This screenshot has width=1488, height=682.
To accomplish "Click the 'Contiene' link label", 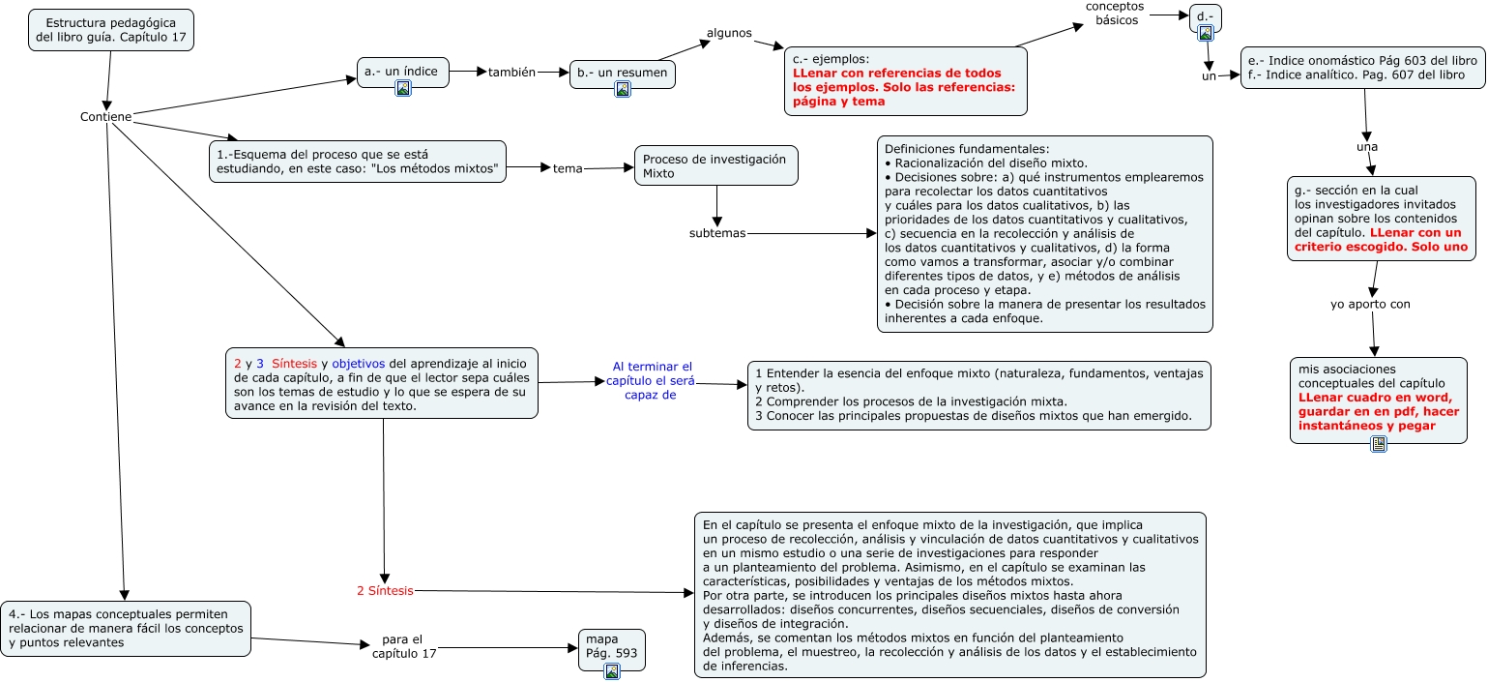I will click(105, 117).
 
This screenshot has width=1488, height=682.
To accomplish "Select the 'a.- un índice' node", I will click(402, 72).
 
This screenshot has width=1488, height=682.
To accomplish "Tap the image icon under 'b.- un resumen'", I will click(623, 89).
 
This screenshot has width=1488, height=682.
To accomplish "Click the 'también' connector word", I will click(511, 72).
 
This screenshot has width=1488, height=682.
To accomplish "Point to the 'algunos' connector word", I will click(729, 33).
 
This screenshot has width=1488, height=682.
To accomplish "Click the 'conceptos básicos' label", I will click(1115, 14).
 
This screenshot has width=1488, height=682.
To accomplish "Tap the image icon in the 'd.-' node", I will click(1206, 33).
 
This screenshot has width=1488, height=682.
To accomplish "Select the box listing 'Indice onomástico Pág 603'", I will click(1362, 67).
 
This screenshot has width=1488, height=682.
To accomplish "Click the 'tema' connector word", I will click(568, 168).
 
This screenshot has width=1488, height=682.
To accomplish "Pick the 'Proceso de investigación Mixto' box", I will click(716, 165).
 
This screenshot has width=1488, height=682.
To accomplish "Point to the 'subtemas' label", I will click(717, 233).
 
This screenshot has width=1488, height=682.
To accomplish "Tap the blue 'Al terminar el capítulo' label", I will click(653, 380).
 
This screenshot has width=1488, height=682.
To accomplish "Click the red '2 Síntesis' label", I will click(385, 590).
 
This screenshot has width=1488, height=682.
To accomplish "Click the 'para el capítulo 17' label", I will click(404, 646).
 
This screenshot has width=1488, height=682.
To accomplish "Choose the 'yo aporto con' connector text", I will click(1370, 304).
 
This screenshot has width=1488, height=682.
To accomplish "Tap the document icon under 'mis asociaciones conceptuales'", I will click(1379, 444).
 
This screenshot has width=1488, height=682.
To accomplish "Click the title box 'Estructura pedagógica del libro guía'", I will click(111, 30).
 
